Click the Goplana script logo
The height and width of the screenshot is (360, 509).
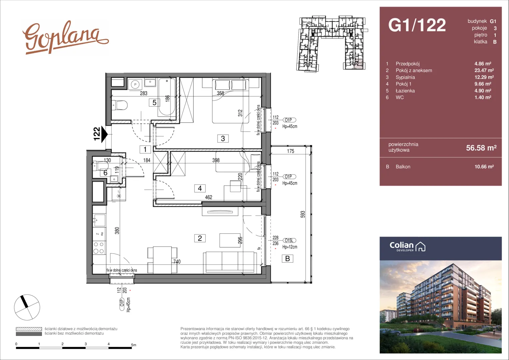[65, 38]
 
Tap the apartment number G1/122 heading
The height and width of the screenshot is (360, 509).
[417, 25]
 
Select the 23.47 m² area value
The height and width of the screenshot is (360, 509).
[484, 70]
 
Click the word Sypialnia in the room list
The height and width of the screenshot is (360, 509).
[405, 77]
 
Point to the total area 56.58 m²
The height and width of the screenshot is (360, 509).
[481, 148]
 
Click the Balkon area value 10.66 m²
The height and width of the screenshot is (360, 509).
[484, 166]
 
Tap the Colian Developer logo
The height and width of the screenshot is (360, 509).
[407, 247]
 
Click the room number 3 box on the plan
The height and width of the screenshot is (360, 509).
[223, 138]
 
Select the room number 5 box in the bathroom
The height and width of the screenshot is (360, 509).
[154, 103]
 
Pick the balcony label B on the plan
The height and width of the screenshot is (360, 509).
[287, 259]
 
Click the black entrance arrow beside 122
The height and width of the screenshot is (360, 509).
[105, 134]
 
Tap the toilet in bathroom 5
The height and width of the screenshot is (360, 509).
[120, 105]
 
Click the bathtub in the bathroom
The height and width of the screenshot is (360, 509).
[167, 97]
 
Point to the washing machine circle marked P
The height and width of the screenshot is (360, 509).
[135, 85]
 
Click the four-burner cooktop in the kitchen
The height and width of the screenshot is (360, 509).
[99, 248]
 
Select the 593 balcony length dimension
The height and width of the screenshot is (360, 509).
[303, 214]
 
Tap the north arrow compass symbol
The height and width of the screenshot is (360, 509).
[27, 307]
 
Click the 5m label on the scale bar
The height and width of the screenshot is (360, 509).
[134, 345]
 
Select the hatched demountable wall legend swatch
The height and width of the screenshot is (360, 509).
[29, 329]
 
